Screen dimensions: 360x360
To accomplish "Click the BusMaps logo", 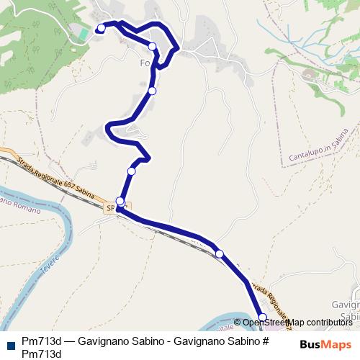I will pyautogui.click(x=325, y=344).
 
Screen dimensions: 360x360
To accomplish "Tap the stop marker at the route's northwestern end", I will pyautogui.click(x=101, y=28).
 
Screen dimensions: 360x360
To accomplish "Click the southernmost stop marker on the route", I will pyautogui.click(x=262, y=318).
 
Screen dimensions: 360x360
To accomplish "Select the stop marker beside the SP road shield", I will pyautogui.click(x=120, y=202).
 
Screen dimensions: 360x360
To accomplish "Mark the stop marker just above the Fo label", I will pyautogui.click(x=153, y=47).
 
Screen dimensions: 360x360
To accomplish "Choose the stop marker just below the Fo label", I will pyautogui.click(x=153, y=91).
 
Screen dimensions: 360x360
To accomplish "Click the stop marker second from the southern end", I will pyautogui.click(x=220, y=253).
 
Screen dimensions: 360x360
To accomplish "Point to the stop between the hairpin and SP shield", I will pyautogui.click(x=131, y=171).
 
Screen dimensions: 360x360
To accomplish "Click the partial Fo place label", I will pyautogui.click(x=144, y=63).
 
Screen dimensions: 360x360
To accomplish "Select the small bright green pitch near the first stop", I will pyautogui.click(x=84, y=33).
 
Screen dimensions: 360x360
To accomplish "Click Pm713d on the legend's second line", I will pyautogui.click(x=42, y=353).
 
